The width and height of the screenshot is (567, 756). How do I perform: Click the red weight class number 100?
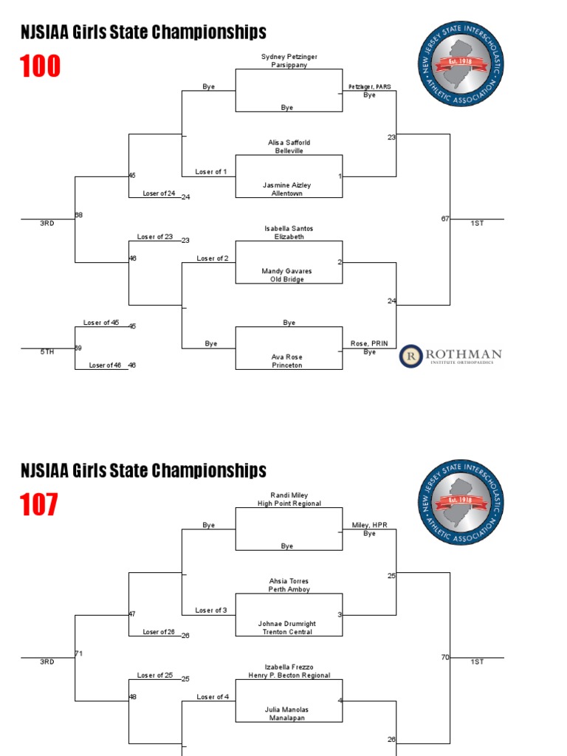click(41, 67)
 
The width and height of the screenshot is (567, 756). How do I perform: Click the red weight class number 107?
click(39, 506)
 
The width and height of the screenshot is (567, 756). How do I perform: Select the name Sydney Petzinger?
click(289, 56)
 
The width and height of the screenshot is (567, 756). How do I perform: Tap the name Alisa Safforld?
click(289, 142)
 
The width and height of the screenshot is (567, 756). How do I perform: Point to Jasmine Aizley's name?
click(289, 185)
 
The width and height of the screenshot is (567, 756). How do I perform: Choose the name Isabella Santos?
click(289, 229)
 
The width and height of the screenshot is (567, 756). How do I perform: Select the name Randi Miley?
click(289, 495)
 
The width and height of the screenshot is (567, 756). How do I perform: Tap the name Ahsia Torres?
click(289, 581)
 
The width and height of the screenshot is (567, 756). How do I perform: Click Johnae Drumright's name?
click(289, 624)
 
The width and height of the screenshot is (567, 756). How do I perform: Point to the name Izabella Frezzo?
click(289, 667)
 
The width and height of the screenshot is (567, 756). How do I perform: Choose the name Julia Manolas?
click(289, 709)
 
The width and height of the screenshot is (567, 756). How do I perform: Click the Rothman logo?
click(450, 356)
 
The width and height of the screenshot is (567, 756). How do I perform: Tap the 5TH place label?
click(47, 352)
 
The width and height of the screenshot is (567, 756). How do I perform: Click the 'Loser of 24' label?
click(159, 194)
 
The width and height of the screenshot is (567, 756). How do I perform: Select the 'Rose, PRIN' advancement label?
click(369, 344)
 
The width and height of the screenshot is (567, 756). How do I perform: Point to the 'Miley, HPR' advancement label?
click(369, 526)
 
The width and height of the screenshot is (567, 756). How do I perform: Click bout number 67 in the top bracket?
click(445, 219)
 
